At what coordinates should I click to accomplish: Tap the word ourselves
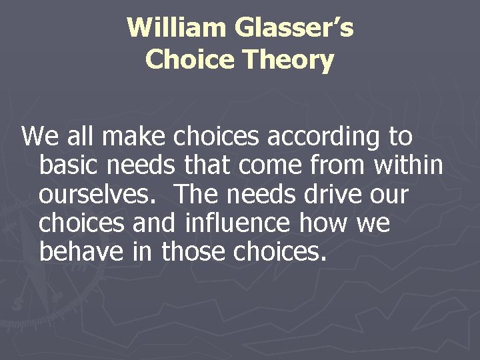coord(98,195)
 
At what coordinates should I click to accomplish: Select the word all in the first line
coord(84,137)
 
